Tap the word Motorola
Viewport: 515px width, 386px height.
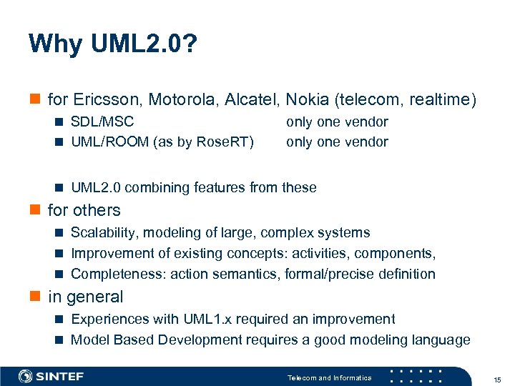coord(173,99)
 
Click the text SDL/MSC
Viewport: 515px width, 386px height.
coord(102,122)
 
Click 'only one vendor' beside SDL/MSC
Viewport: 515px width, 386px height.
coord(337,122)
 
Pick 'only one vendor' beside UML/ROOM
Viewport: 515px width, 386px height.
coord(337,142)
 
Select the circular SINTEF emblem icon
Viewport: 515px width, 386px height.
coord(26,377)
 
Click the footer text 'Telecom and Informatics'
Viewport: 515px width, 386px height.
coord(329,377)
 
